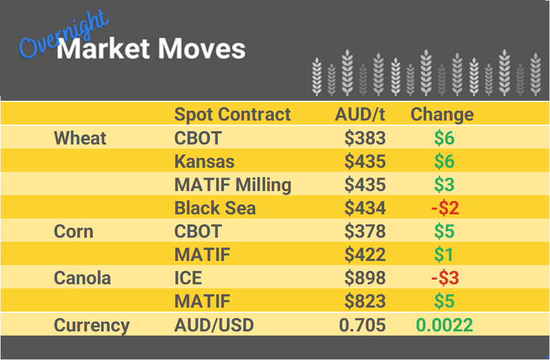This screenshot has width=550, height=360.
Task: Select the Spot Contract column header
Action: point(232,114)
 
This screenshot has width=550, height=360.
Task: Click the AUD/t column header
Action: point(360,114)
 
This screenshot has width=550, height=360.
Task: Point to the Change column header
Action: point(442,114)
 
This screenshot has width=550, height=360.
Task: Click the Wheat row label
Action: point(80,138)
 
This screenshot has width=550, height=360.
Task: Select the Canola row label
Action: point(82,278)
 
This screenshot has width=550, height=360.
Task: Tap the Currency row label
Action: point(91,324)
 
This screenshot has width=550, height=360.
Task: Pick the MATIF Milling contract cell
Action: point(233,185)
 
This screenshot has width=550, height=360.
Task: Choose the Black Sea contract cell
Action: point(215,208)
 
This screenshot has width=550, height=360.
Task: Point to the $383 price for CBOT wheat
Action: point(365,138)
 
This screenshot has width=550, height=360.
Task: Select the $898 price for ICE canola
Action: point(365,278)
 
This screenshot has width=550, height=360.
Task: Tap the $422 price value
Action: point(365,255)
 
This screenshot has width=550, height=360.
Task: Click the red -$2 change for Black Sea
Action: point(445,208)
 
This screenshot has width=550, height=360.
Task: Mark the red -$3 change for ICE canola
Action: point(445,278)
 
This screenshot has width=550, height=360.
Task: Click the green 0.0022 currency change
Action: point(444,324)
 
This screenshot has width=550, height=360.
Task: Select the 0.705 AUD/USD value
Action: point(363,324)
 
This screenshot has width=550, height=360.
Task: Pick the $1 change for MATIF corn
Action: point(444,255)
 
